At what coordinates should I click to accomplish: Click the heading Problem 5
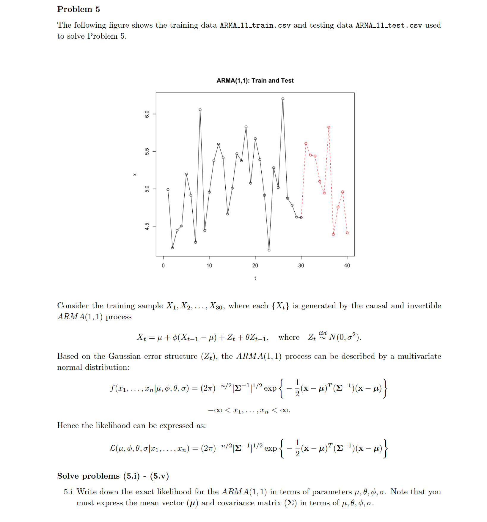coord(78,9)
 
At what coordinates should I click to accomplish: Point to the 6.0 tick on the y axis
coord(147,114)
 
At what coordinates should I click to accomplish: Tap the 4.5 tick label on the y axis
coord(147,227)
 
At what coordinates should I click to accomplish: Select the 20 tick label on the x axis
coord(255,265)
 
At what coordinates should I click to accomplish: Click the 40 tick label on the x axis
coord(347,265)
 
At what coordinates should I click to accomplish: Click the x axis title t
coord(255,278)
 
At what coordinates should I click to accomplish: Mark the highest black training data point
coord(283,99)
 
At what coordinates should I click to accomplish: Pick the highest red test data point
coord(329,127)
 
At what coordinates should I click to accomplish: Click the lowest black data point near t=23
coord(269,250)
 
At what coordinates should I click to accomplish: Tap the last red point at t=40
coord(347,233)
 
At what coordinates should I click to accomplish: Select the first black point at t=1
coord(168,189)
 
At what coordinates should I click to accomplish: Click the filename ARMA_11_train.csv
coord(255,26)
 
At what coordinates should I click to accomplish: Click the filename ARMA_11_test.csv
coord(389,26)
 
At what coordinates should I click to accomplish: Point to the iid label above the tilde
coord(323,333)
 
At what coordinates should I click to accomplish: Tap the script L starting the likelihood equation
coord(112,448)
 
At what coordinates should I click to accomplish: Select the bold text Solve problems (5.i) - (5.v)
coord(113,476)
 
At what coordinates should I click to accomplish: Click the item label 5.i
coord(68,492)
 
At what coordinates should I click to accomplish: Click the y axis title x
coord(135,174)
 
